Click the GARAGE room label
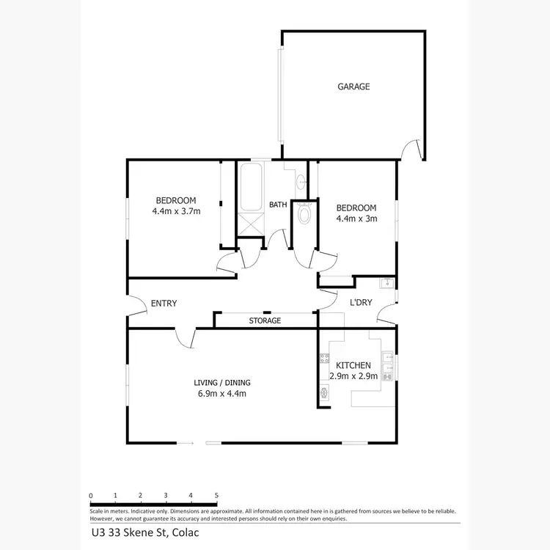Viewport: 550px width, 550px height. point(353,87)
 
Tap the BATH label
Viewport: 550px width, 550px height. point(278,205)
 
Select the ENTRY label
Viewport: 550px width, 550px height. point(164,304)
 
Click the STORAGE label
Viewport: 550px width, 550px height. point(265,320)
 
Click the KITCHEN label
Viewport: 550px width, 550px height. point(353,365)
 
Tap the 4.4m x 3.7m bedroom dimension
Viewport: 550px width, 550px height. point(176,211)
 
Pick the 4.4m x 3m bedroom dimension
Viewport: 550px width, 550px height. point(356,218)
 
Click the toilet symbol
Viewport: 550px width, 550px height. point(304,213)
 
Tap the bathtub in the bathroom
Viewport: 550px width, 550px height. point(249,187)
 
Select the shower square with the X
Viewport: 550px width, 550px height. point(249,224)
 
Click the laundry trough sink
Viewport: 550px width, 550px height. point(386,284)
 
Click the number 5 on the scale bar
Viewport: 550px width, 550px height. point(216,496)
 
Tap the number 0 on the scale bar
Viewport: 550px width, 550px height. point(90,496)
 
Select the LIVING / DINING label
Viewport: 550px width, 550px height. point(217,383)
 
